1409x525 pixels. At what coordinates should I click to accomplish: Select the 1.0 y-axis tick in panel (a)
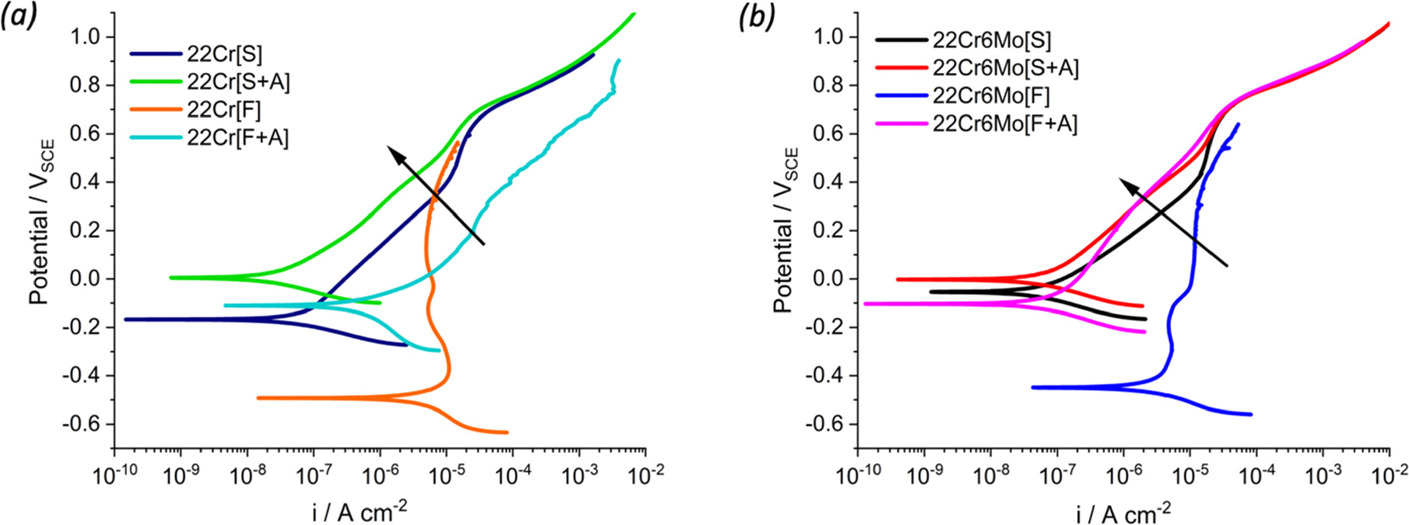click(85, 36)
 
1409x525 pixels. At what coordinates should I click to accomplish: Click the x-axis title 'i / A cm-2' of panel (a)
click(360, 511)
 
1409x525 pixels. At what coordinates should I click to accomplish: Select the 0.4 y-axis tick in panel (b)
click(829, 182)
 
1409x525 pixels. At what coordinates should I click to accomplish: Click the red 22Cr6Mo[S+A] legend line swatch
click(901, 68)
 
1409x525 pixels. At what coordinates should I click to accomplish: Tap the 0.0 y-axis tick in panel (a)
click(85, 279)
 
